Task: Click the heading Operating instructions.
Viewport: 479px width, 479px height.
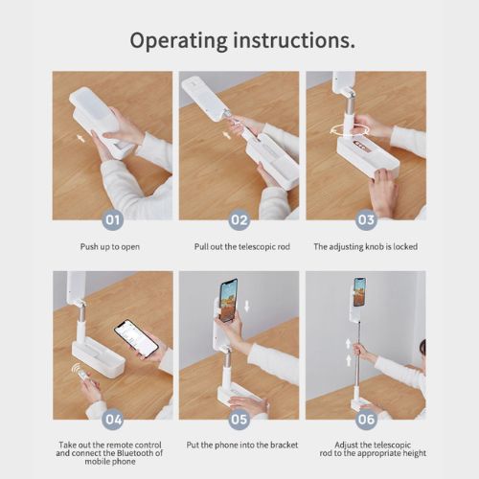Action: point(239,41)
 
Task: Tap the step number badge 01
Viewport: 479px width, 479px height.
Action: point(113,219)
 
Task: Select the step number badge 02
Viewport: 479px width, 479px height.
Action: point(239,219)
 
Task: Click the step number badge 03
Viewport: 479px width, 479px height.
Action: point(366,219)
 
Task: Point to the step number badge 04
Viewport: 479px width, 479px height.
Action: point(113,419)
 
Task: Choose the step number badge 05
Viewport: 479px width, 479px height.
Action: point(239,419)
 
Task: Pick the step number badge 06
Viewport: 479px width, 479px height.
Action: point(366,419)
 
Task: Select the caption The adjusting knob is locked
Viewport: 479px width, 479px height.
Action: point(365,246)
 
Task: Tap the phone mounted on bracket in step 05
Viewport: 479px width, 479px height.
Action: point(228,299)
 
